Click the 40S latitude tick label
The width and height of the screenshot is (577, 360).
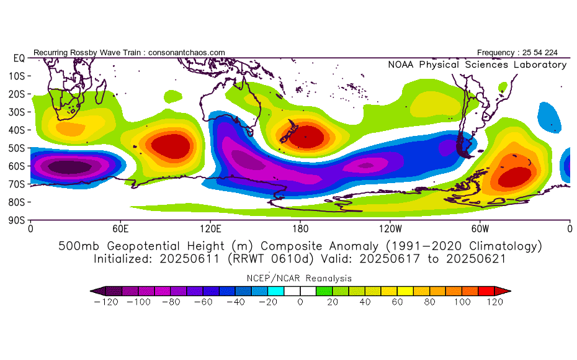[17, 130]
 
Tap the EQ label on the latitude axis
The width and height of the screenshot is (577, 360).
[19, 58]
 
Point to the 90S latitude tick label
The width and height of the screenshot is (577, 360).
[17, 220]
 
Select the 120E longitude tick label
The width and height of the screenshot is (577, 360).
[210, 229]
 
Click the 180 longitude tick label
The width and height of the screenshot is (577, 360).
[300, 229]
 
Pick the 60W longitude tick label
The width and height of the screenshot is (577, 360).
[480, 229]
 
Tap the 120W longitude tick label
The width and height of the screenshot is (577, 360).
[390, 229]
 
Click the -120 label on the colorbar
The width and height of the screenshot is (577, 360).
[106, 302]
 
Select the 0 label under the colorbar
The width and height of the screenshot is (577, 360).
[300, 302]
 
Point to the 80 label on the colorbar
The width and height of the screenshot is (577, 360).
[429, 302]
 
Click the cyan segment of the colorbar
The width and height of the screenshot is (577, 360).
[275, 291]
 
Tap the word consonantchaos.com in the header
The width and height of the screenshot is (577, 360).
[187, 53]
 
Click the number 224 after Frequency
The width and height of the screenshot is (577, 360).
[551, 53]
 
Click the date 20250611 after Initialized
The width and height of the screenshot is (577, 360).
[189, 259]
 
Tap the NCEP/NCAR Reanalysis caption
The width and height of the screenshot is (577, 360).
[299, 278]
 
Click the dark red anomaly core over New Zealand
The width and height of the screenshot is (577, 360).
[306, 137]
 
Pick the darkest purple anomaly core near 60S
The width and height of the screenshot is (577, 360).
[70, 167]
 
